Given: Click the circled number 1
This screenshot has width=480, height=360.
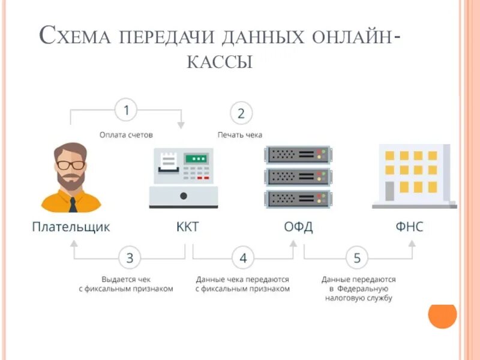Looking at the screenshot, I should pyautogui.click(x=126, y=110).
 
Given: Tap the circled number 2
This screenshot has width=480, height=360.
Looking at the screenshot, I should pyautogui.click(x=241, y=113).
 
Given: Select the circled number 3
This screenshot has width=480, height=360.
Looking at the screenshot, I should pyautogui.click(x=130, y=259).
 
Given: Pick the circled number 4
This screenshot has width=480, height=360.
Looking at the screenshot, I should pyautogui.click(x=243, y=259).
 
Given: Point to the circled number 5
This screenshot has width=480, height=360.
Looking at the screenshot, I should pyautogui.click(x=357, y=259).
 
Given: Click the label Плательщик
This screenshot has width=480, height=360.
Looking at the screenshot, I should pyautogui.click(x=71, y=227).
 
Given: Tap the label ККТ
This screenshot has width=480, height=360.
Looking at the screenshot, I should pyautogui.click(x=187, y=227).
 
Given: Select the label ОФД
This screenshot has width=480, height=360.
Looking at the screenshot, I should pyautogui.click(x=298, y=227).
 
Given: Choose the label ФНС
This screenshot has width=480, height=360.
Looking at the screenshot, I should pyautogui.click(x=409, y=227).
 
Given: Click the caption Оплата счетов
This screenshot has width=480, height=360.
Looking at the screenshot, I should pyautogui.click(x=126, y=135).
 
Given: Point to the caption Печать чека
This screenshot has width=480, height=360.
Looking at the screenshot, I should pyautogui.click(x=239, y=135).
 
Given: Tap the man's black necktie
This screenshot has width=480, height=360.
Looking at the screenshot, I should pyautogui.click(x=73, y=204).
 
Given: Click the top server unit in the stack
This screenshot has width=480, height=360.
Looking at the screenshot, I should pyautogui.click(x=297, y=154).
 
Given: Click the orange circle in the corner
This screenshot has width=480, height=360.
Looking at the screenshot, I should pyautogui.click(x=443, y=314).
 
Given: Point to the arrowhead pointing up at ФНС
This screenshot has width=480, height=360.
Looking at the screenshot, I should pyautogui.click(x=411, y=244).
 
